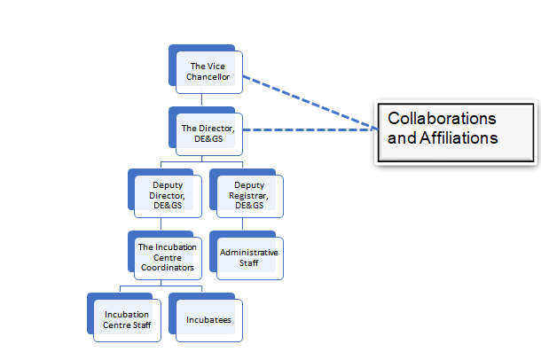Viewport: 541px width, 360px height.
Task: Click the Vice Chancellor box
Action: point(206,69)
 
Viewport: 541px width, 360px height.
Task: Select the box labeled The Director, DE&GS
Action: point(206,131)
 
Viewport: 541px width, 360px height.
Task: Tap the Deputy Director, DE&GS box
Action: point(165,193)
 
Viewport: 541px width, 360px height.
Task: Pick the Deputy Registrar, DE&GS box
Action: point(247,193)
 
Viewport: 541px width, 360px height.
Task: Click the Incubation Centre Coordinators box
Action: point(165,255)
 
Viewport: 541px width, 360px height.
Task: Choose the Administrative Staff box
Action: point(247,255)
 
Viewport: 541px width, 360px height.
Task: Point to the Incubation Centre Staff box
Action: point(124,317)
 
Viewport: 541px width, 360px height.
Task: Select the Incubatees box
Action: point(206,317)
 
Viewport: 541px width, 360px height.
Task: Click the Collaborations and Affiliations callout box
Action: point(456,133)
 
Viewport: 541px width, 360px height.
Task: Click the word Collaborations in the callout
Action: point(442,118)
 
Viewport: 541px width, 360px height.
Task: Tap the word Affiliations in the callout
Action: point(459,138)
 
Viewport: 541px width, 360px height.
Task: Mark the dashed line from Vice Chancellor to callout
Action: point(310,103)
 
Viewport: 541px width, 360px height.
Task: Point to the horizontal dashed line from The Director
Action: point(310,129)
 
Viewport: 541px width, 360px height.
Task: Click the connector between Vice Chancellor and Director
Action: point(202,99)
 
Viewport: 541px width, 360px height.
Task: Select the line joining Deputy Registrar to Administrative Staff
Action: point(242,223)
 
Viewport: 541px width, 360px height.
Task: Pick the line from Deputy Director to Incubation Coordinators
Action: point(161,223)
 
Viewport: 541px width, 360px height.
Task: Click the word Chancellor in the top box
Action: point(208,77)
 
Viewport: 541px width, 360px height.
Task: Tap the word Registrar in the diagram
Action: point(248,196)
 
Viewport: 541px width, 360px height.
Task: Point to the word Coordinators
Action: point(168,268)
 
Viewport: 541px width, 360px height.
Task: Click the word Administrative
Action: point(248,253)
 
